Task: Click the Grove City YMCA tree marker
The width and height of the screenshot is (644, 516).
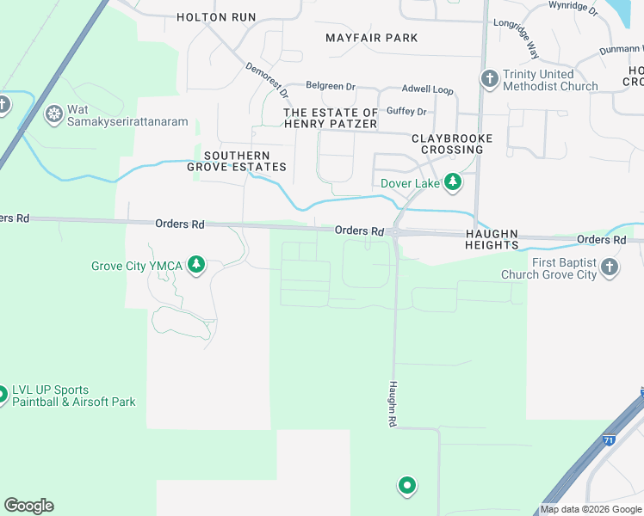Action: [197, 265]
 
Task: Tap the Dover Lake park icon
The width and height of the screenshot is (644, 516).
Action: [451, 182]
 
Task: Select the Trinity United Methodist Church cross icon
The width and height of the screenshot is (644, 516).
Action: [490, 80]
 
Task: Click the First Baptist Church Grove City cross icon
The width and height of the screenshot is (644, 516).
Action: [610, 267]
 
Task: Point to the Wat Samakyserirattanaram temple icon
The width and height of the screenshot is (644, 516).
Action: [54, 114]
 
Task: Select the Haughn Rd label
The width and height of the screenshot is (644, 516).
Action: [392, 404]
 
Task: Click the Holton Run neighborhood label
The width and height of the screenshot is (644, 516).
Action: [216, 17]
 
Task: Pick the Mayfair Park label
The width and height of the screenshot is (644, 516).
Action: [372, 38]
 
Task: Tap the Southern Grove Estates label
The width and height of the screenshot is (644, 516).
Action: [237, 161]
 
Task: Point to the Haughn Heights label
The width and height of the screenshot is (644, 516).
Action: [492, 239]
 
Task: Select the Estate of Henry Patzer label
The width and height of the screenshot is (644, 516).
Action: [331, 119]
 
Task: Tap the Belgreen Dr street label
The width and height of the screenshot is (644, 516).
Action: [331, 87]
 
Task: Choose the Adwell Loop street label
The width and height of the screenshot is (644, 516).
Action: [427, 89]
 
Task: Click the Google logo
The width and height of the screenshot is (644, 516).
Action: [28, 506]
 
